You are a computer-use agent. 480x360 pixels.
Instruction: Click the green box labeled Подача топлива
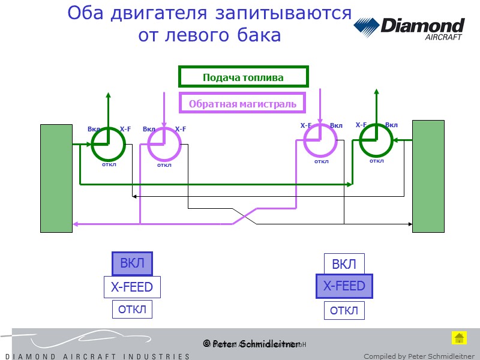243,77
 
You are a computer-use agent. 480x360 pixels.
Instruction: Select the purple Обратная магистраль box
242,104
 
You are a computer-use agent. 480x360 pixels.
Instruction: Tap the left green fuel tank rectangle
56,178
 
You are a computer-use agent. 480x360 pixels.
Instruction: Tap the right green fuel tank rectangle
428,176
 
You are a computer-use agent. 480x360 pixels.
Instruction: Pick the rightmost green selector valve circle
376,141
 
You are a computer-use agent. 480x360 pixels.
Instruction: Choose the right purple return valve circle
320,140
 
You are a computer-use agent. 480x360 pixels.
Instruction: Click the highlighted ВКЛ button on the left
132,263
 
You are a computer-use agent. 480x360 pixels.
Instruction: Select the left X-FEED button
132,287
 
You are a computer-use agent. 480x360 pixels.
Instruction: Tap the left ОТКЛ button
132,310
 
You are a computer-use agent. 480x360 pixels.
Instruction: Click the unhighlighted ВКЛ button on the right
344,264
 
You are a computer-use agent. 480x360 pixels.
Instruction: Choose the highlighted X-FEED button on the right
344,286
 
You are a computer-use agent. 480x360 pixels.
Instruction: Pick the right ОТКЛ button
344,310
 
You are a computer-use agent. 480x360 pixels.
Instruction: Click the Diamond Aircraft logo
409,28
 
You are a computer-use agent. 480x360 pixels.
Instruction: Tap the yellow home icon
459,338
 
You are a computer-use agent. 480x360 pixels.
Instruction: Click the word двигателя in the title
161,13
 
